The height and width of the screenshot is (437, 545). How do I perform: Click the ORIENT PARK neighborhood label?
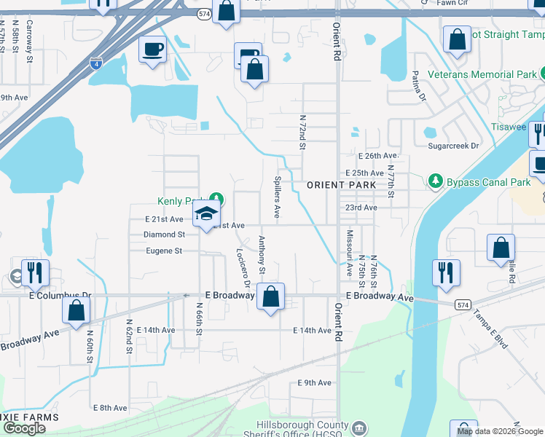pos(342,185)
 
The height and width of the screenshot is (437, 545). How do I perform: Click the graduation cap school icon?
pos(206,214)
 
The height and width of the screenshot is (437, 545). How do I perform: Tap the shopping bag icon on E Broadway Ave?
pos(270,296)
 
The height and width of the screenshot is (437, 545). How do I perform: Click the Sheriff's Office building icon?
pos(358,428)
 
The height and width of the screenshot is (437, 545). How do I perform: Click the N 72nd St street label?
pos(302,132)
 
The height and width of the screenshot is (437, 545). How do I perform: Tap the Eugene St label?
pos(162,251)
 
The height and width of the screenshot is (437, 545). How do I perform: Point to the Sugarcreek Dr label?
pos(454,146)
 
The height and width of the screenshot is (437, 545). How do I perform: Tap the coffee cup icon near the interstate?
pos(152,50)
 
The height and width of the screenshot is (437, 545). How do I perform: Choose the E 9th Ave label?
pos(314,382)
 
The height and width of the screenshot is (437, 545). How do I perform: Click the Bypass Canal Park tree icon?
pos(436,181)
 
